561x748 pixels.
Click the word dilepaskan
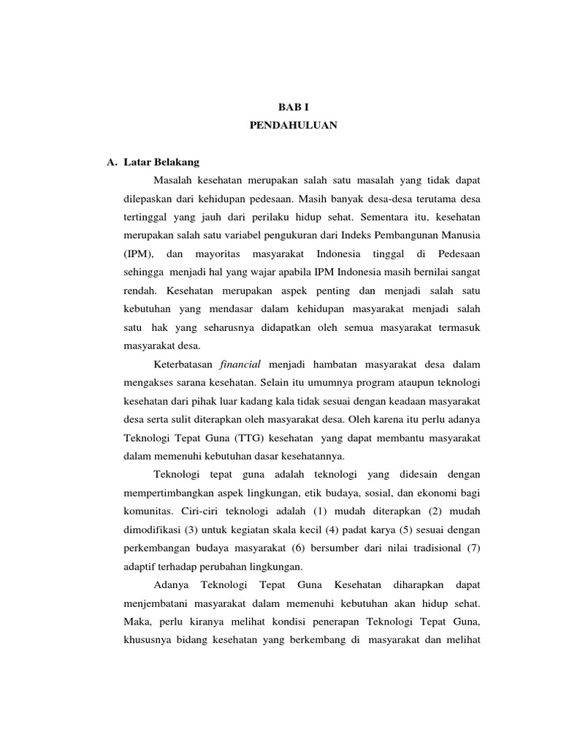click(x=148, y=199)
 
